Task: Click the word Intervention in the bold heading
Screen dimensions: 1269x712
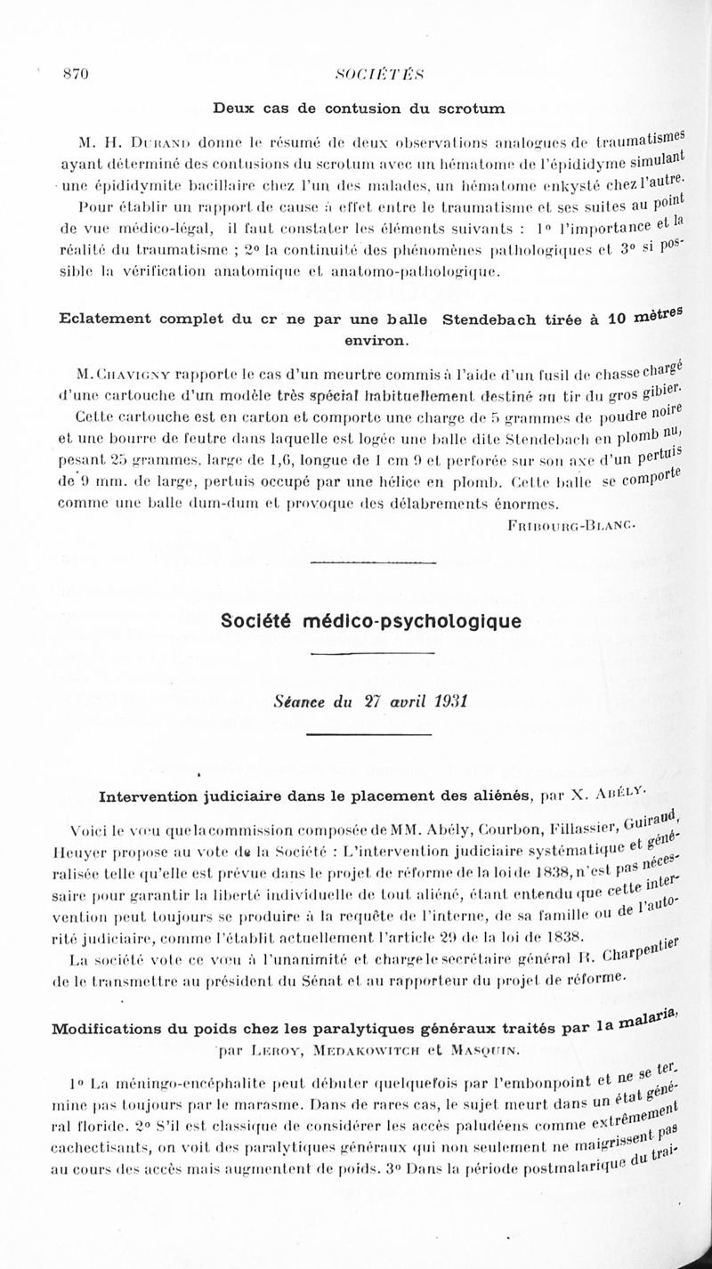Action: [x=148, y=794]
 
